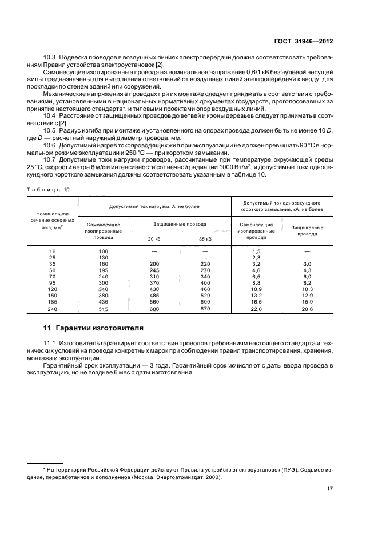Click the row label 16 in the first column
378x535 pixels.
pyautogui.click(x=53, y=251)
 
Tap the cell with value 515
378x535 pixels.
pyautogui.click(x=104, y=309)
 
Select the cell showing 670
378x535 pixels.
pyautogui.click(x=205, y=309)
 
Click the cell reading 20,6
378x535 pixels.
pyautogui.click(x=307, y=309)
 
